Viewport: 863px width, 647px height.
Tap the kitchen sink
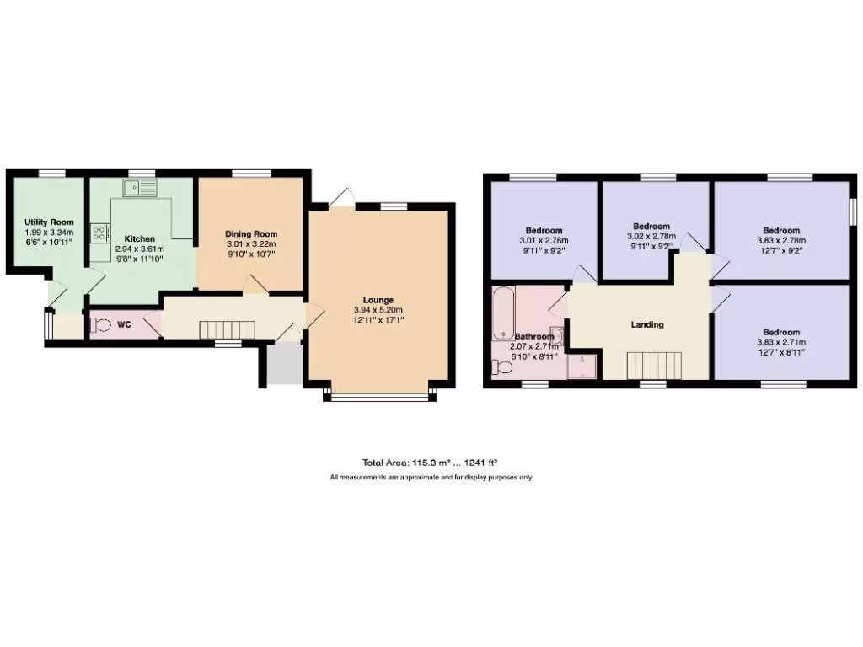[135, 188]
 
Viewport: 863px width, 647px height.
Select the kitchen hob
[100, 233]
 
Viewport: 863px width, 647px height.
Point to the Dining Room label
[250, 234]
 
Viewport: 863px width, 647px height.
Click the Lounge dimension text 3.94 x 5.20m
[378, 310]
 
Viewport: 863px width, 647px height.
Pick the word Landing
[647, 324]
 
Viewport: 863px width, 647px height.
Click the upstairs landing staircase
[653, 366]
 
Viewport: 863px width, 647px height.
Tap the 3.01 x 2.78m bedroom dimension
[544, 240]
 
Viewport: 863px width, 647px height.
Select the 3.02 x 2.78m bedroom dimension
[651, 237]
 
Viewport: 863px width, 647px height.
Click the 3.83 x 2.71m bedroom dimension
[781, 342]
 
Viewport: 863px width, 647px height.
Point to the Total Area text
[430, 462]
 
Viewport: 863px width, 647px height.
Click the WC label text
[124, 324]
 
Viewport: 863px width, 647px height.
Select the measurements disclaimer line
[430, 478]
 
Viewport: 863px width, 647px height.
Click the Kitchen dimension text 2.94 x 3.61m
[139, 249]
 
